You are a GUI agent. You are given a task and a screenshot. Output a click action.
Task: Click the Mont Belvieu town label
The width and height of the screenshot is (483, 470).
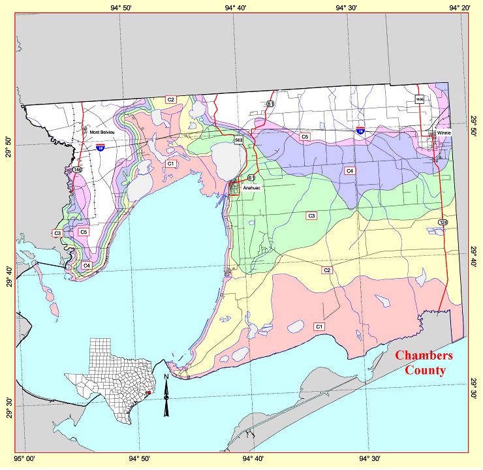point(102,133)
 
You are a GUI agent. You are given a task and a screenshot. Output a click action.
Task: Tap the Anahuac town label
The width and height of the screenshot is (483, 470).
point(252,188)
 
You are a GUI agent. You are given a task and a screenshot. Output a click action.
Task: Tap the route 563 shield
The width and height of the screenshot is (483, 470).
point(239,140)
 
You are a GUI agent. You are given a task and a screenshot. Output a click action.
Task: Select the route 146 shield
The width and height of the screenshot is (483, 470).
point(78,170)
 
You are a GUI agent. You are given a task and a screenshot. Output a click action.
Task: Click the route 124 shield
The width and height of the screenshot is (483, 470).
point(443,223)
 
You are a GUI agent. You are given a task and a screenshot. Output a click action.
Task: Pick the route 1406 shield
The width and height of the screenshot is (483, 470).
point(419,99)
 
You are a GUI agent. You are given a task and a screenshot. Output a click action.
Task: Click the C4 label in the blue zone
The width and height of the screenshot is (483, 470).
point(350,170)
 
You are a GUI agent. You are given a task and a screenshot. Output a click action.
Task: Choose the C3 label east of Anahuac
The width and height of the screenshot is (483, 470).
point(311,215)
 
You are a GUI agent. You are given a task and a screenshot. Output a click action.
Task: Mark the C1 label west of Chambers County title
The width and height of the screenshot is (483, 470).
point(320,326)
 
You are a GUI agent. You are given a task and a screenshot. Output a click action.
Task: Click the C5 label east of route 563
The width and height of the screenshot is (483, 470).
point(305,137)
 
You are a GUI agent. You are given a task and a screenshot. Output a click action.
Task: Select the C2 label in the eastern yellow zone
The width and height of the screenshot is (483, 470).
point(327,270)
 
